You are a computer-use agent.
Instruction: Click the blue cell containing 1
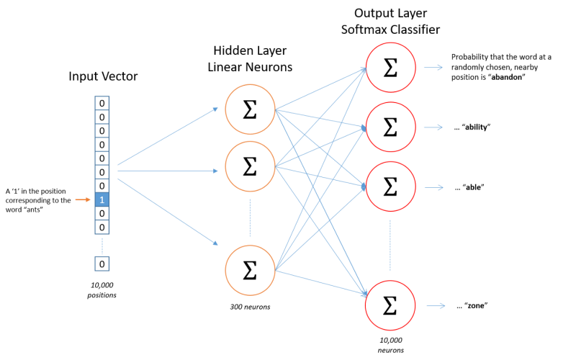102,199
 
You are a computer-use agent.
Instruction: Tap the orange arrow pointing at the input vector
83,199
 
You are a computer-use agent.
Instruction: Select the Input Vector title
103,76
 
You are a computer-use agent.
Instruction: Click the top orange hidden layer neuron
250,109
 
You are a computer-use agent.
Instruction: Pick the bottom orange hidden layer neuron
250,271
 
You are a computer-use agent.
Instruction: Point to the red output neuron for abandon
390,67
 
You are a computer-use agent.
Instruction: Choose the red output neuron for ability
390,127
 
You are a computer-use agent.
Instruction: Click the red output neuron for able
390,186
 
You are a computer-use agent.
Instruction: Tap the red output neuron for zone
390,305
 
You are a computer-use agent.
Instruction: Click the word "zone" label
476,305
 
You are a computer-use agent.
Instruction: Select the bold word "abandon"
507,77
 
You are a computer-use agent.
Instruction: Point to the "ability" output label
477,127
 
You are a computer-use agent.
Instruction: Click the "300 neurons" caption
250,307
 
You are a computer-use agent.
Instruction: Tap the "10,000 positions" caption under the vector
102,290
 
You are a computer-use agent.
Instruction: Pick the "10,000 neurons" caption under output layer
391,346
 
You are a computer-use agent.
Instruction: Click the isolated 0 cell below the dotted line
102,264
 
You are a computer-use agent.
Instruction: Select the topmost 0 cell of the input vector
102,103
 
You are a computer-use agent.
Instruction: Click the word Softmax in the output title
364,30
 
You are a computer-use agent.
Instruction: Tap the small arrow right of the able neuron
434,187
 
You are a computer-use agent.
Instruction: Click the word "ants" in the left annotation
34,210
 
